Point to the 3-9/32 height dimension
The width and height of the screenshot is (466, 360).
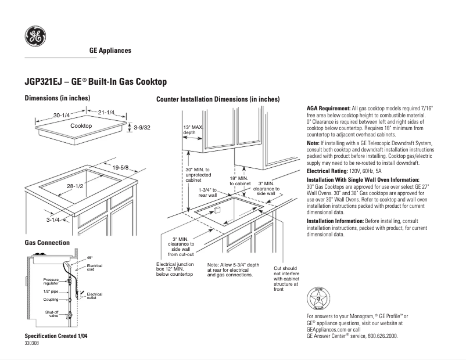point(142,127)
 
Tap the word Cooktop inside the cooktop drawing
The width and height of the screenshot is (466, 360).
point(81,125)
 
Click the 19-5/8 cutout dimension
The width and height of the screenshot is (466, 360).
point(120,168)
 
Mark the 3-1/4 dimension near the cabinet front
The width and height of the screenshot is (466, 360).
point(54,219)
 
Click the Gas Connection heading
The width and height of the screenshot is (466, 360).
point(47,242)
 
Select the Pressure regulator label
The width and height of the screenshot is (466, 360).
point(51,281)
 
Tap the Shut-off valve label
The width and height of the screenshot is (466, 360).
point(52,314)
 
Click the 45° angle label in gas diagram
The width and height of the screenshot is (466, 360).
point(89,257)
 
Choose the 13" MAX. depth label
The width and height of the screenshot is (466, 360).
point(193,129)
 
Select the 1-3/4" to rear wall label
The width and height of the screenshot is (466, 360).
point(207,192)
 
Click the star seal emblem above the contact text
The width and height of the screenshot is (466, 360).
point(318,299)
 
